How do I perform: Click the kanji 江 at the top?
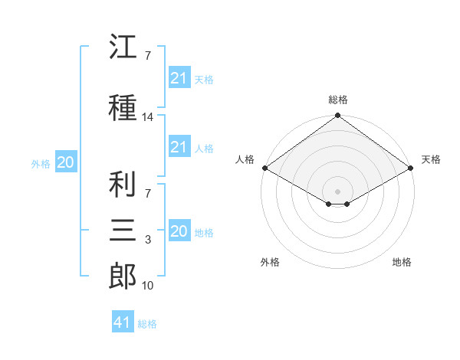tap(123, 46)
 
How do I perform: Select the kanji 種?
tap(123, 107)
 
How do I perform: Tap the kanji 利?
tap(123, 184)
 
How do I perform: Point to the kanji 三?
tap(123, 230)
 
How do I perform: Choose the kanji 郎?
tap(123, 276)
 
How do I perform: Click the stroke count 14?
tap(147, 117)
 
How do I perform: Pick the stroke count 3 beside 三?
tap(148, 240)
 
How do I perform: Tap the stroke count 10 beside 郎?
tap(147, 286)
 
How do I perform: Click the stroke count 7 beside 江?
tap(148, 56)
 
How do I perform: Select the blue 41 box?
tap(123, 321)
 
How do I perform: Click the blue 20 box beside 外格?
tap(66, 162)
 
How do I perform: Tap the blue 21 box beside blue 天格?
tap(180, 77)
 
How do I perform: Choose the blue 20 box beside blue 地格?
tap(180, 230)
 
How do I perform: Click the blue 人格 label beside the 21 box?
tap(204, 149)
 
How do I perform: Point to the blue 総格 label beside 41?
tap(147, 324)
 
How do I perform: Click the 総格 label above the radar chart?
tap(338, 100)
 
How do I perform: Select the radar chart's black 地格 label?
tap(402, 262)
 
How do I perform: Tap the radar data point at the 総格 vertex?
tap(337, 115)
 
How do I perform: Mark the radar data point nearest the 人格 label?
tap(265, 168)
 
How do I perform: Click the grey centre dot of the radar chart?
tap(337, 191)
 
